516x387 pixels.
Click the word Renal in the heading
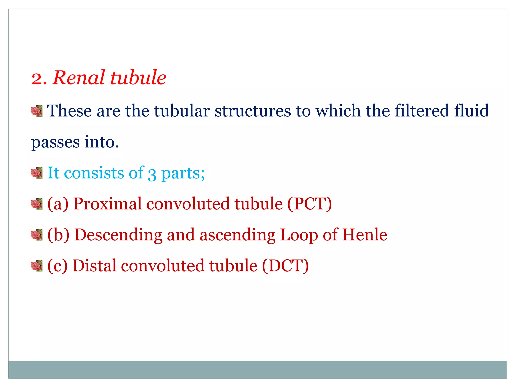tap(79, 78)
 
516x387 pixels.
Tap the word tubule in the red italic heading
tap(138, 78)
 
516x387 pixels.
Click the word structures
tap(252, 111)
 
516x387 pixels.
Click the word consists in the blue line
tap(94, 173)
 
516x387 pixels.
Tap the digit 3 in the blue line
tap(152, 174)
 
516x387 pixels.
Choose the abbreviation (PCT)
tap(309, 204)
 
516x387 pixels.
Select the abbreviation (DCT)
tap(285, 266)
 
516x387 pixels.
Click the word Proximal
tap(107, 204)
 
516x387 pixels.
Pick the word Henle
tap(365, 235)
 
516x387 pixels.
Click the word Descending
tap(118, 235)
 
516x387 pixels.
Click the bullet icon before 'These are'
tap(37, 111)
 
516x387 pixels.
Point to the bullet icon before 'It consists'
tap(37, 173)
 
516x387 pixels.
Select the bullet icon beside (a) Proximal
tap(37, 204)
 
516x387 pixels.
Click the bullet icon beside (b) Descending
tap(37, 235)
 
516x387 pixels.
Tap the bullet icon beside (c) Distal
tap(37, 266)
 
